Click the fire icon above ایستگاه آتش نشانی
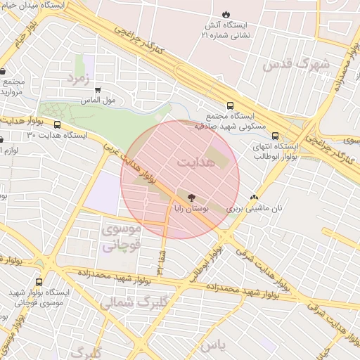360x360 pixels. pyautogui.click(x=225, y=14)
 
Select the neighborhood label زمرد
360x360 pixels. pyautogui.click(x=79, y=77)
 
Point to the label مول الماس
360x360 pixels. pyautogui.click(x=108, y=101)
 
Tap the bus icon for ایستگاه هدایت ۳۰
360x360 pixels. pyautogui.click(x=57, y=124)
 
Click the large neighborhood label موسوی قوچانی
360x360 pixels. pyautogui.click(x=122, y=237)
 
